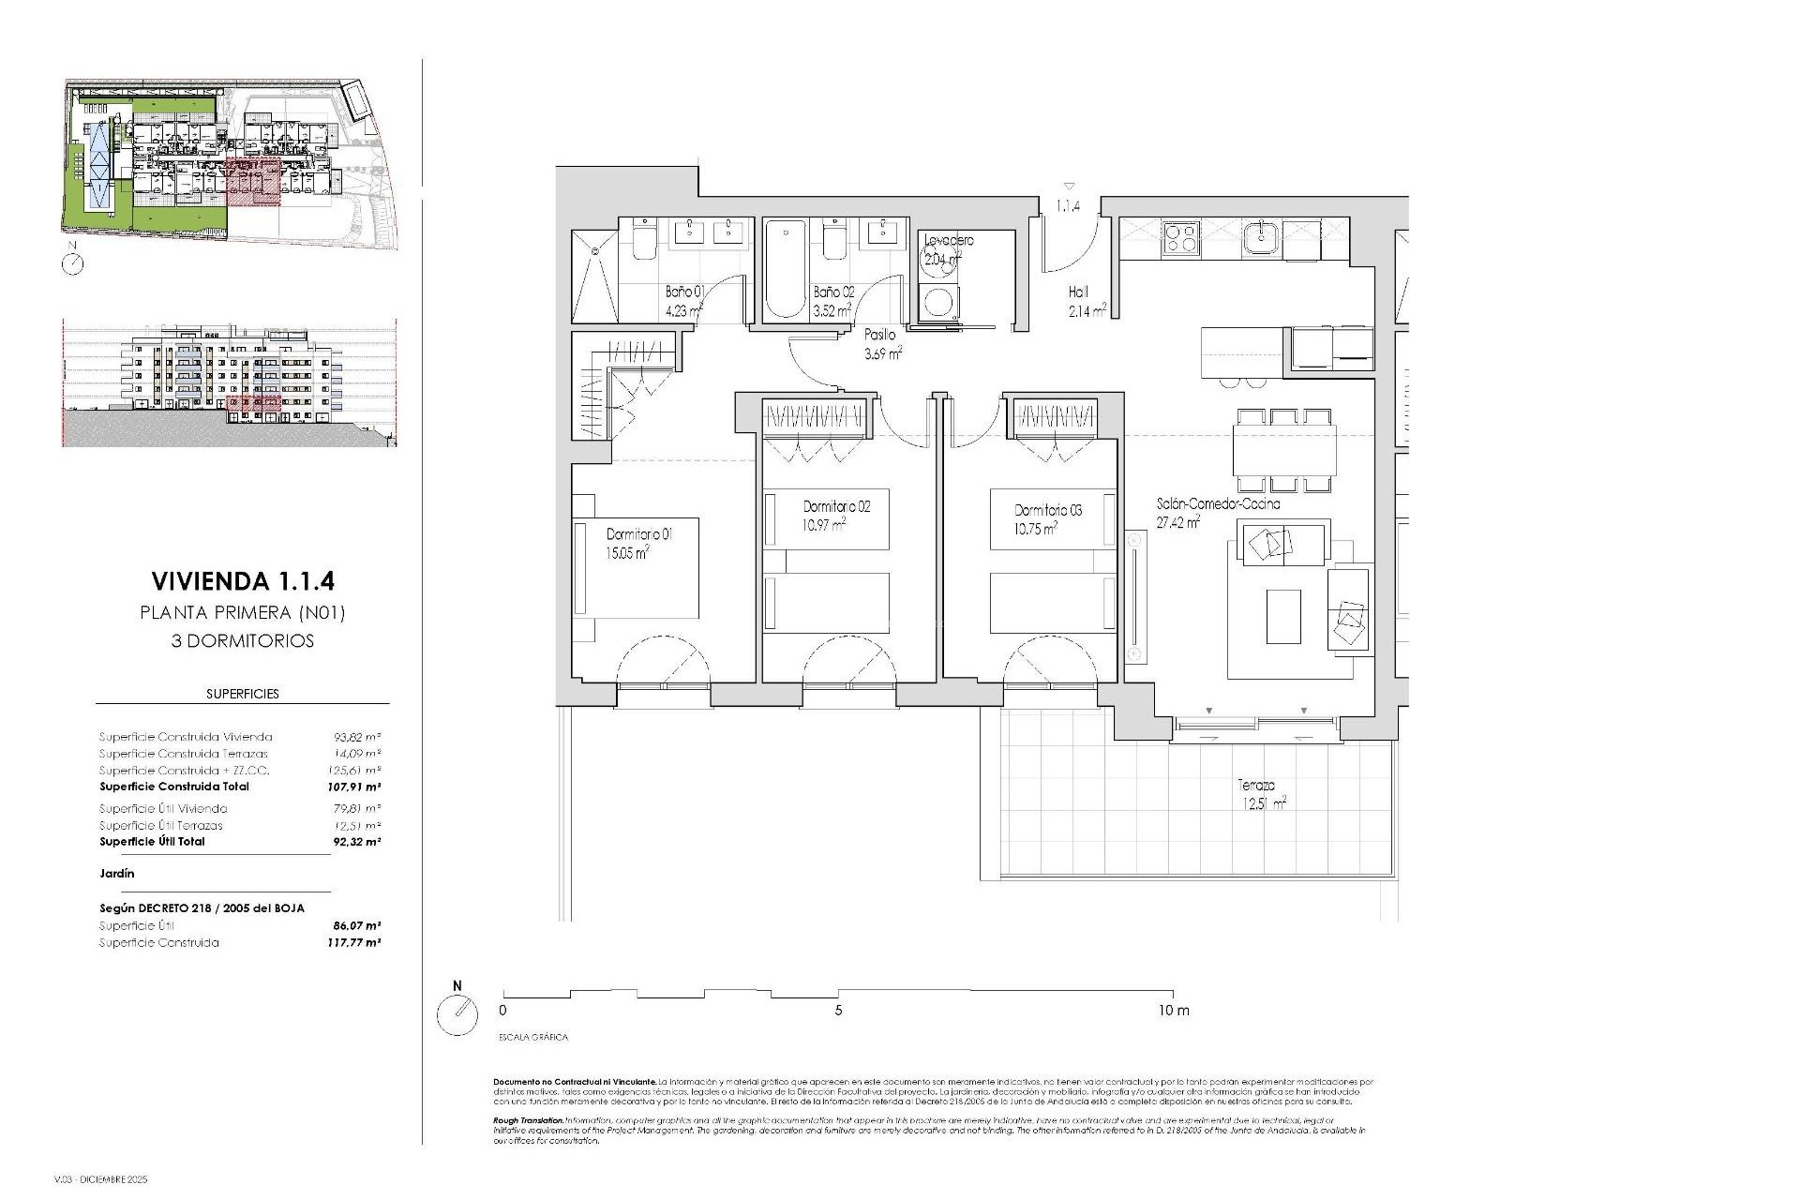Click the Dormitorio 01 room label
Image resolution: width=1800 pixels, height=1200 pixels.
pyautogui.click(x=639, y=534)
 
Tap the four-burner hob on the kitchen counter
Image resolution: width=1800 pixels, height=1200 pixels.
pyautogui.click(x=1179, y=238)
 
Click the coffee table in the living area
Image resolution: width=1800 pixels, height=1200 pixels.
pyautogui.click(x=1282, y=616)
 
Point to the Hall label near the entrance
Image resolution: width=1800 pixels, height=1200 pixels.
pyautogui.click(x=1078, y=292)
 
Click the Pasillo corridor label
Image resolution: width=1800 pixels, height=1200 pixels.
pyautogui.click(x=879, y=335)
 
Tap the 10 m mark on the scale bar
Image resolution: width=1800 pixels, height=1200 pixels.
pyautogui.click(x=1173, y=1011)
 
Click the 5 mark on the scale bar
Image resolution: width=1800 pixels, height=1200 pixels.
pyautogui.click(x=838, y=1011)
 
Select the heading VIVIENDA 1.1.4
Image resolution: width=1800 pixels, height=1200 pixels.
pyautogui.click(x=242, y=581)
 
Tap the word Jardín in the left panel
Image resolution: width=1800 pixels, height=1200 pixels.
pyautogui.click(x=117, y=873)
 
